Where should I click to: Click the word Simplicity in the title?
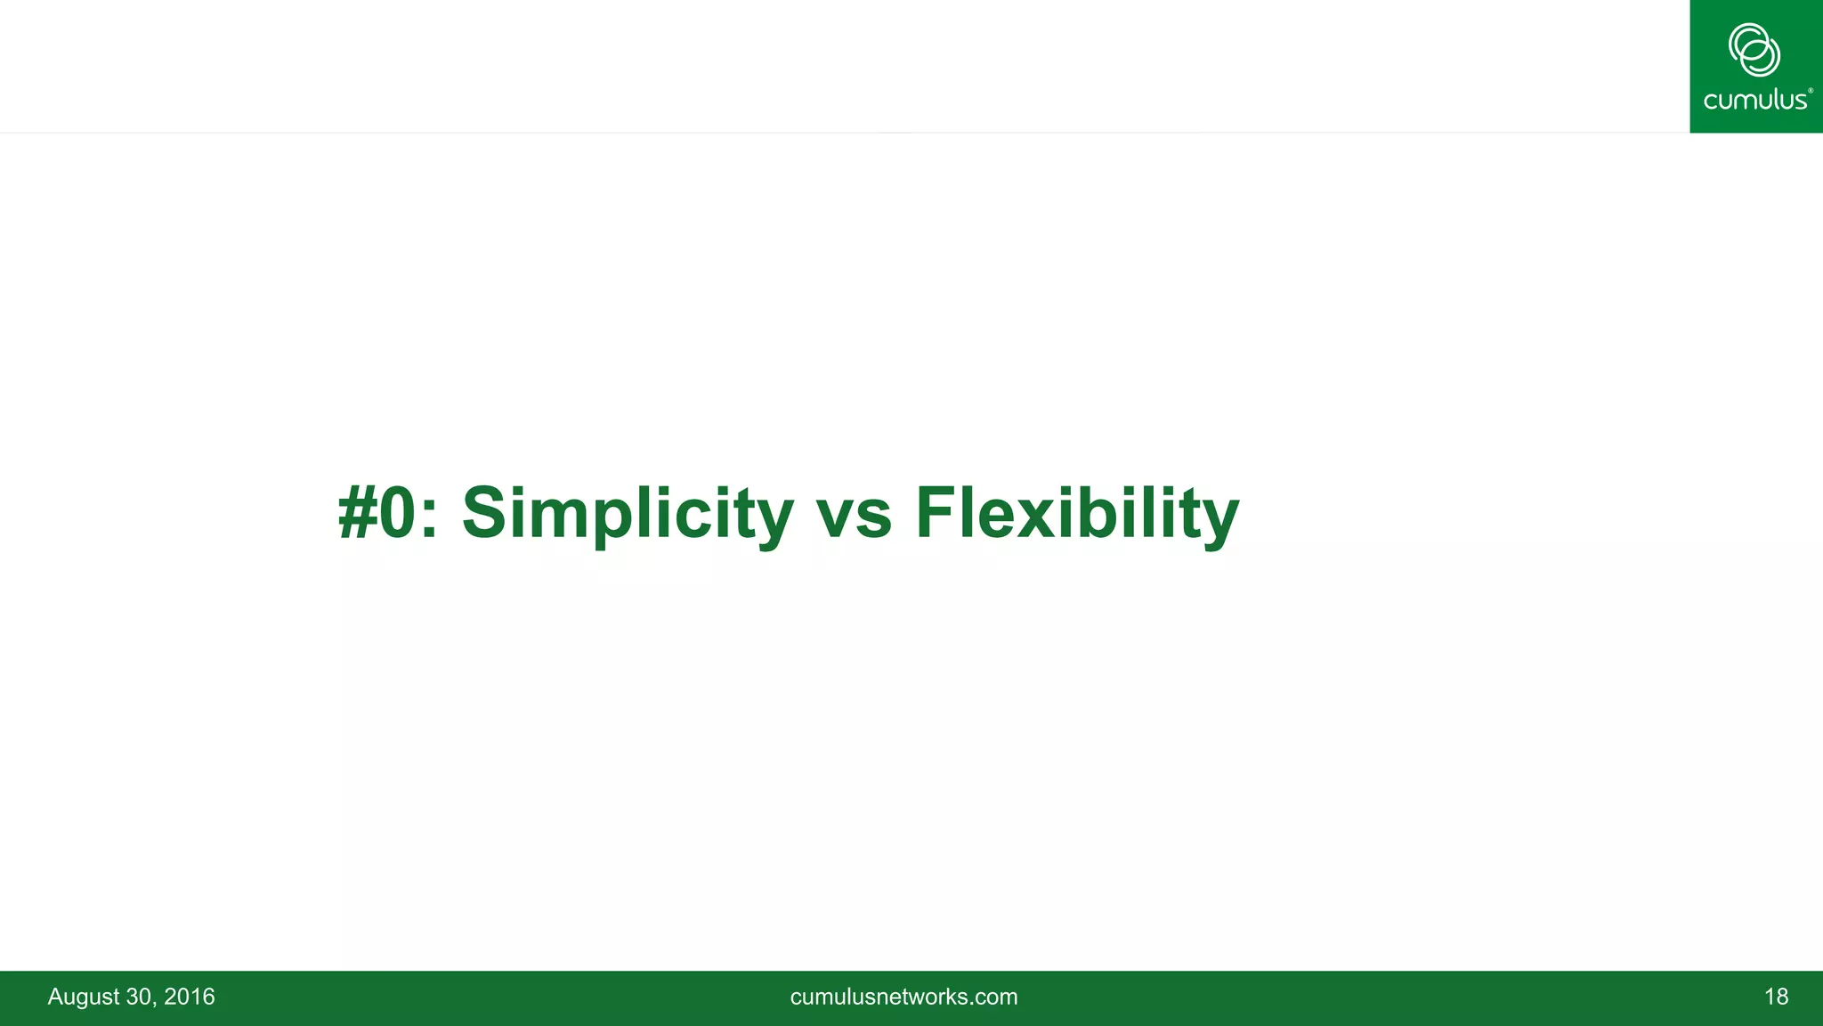[x=627, y=514]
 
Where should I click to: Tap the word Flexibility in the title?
[x=1076, y=514]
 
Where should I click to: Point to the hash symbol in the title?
[x=357, y=514]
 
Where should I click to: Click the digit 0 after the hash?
[x=397, y=514]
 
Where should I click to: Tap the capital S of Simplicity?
[x=485, y=514]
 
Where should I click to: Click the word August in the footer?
[x=83, y=997]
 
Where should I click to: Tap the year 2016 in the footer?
[x=190, y=997]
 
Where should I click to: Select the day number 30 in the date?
[x=140, y=997]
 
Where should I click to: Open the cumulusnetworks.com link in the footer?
[x=903, y=997]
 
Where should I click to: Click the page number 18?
[x=1776, y=997]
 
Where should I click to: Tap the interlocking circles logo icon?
[x=1754, y=50]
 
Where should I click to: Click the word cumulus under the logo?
[x=1754, y=100]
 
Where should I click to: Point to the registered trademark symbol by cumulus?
[x=1811, y=91]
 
